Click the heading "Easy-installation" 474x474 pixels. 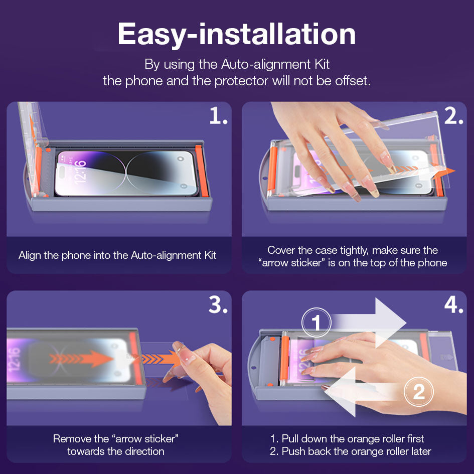pos(236,35)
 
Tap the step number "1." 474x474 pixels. pos(218,116)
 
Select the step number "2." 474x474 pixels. pos(453,116)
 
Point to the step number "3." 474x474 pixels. pos(218,305)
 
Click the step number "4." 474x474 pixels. pos(453,305)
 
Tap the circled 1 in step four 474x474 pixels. pos(316,323)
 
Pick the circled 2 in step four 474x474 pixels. pos(419,392)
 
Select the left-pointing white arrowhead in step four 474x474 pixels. pos(340,392)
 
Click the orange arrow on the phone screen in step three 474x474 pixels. pos(81,359)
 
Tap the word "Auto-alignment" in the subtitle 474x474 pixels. pos(266,64)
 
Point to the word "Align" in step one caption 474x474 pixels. pos(30,255)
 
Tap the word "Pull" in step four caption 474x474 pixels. pos(290,438)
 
